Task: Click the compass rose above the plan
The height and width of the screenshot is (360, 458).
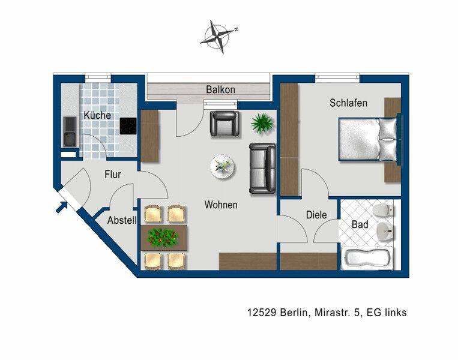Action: (x=219, y=37)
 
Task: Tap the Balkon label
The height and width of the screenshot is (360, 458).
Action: (x=220, y=89)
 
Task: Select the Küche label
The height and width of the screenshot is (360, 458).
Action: (x=97, y=115)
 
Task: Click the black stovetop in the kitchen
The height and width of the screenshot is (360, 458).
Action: (x=128, y=126)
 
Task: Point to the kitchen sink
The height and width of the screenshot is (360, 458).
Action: (x=70, y=132)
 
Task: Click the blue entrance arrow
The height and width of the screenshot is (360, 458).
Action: (x=62, y=207)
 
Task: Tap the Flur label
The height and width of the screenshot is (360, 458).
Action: (x=113, y=175)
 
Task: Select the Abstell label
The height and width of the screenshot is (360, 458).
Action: (x=122, y=220)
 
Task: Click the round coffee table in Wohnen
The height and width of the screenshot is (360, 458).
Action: (x=223, y=167)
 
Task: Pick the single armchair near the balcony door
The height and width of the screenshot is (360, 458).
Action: (x=224, y=124)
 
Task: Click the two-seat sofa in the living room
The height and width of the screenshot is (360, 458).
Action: (x=262, y=169)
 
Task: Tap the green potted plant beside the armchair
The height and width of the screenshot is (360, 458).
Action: (x=262, y=123)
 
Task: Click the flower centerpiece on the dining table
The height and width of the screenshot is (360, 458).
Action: (x=163, y=237)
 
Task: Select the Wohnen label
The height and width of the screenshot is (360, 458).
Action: (x=221, y=205)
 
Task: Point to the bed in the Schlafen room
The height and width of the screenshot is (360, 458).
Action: (x=369, y=139)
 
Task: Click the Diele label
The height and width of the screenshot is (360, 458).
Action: (x=316, y=215)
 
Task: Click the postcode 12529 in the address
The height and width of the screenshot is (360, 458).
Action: (x=262, y=313)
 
